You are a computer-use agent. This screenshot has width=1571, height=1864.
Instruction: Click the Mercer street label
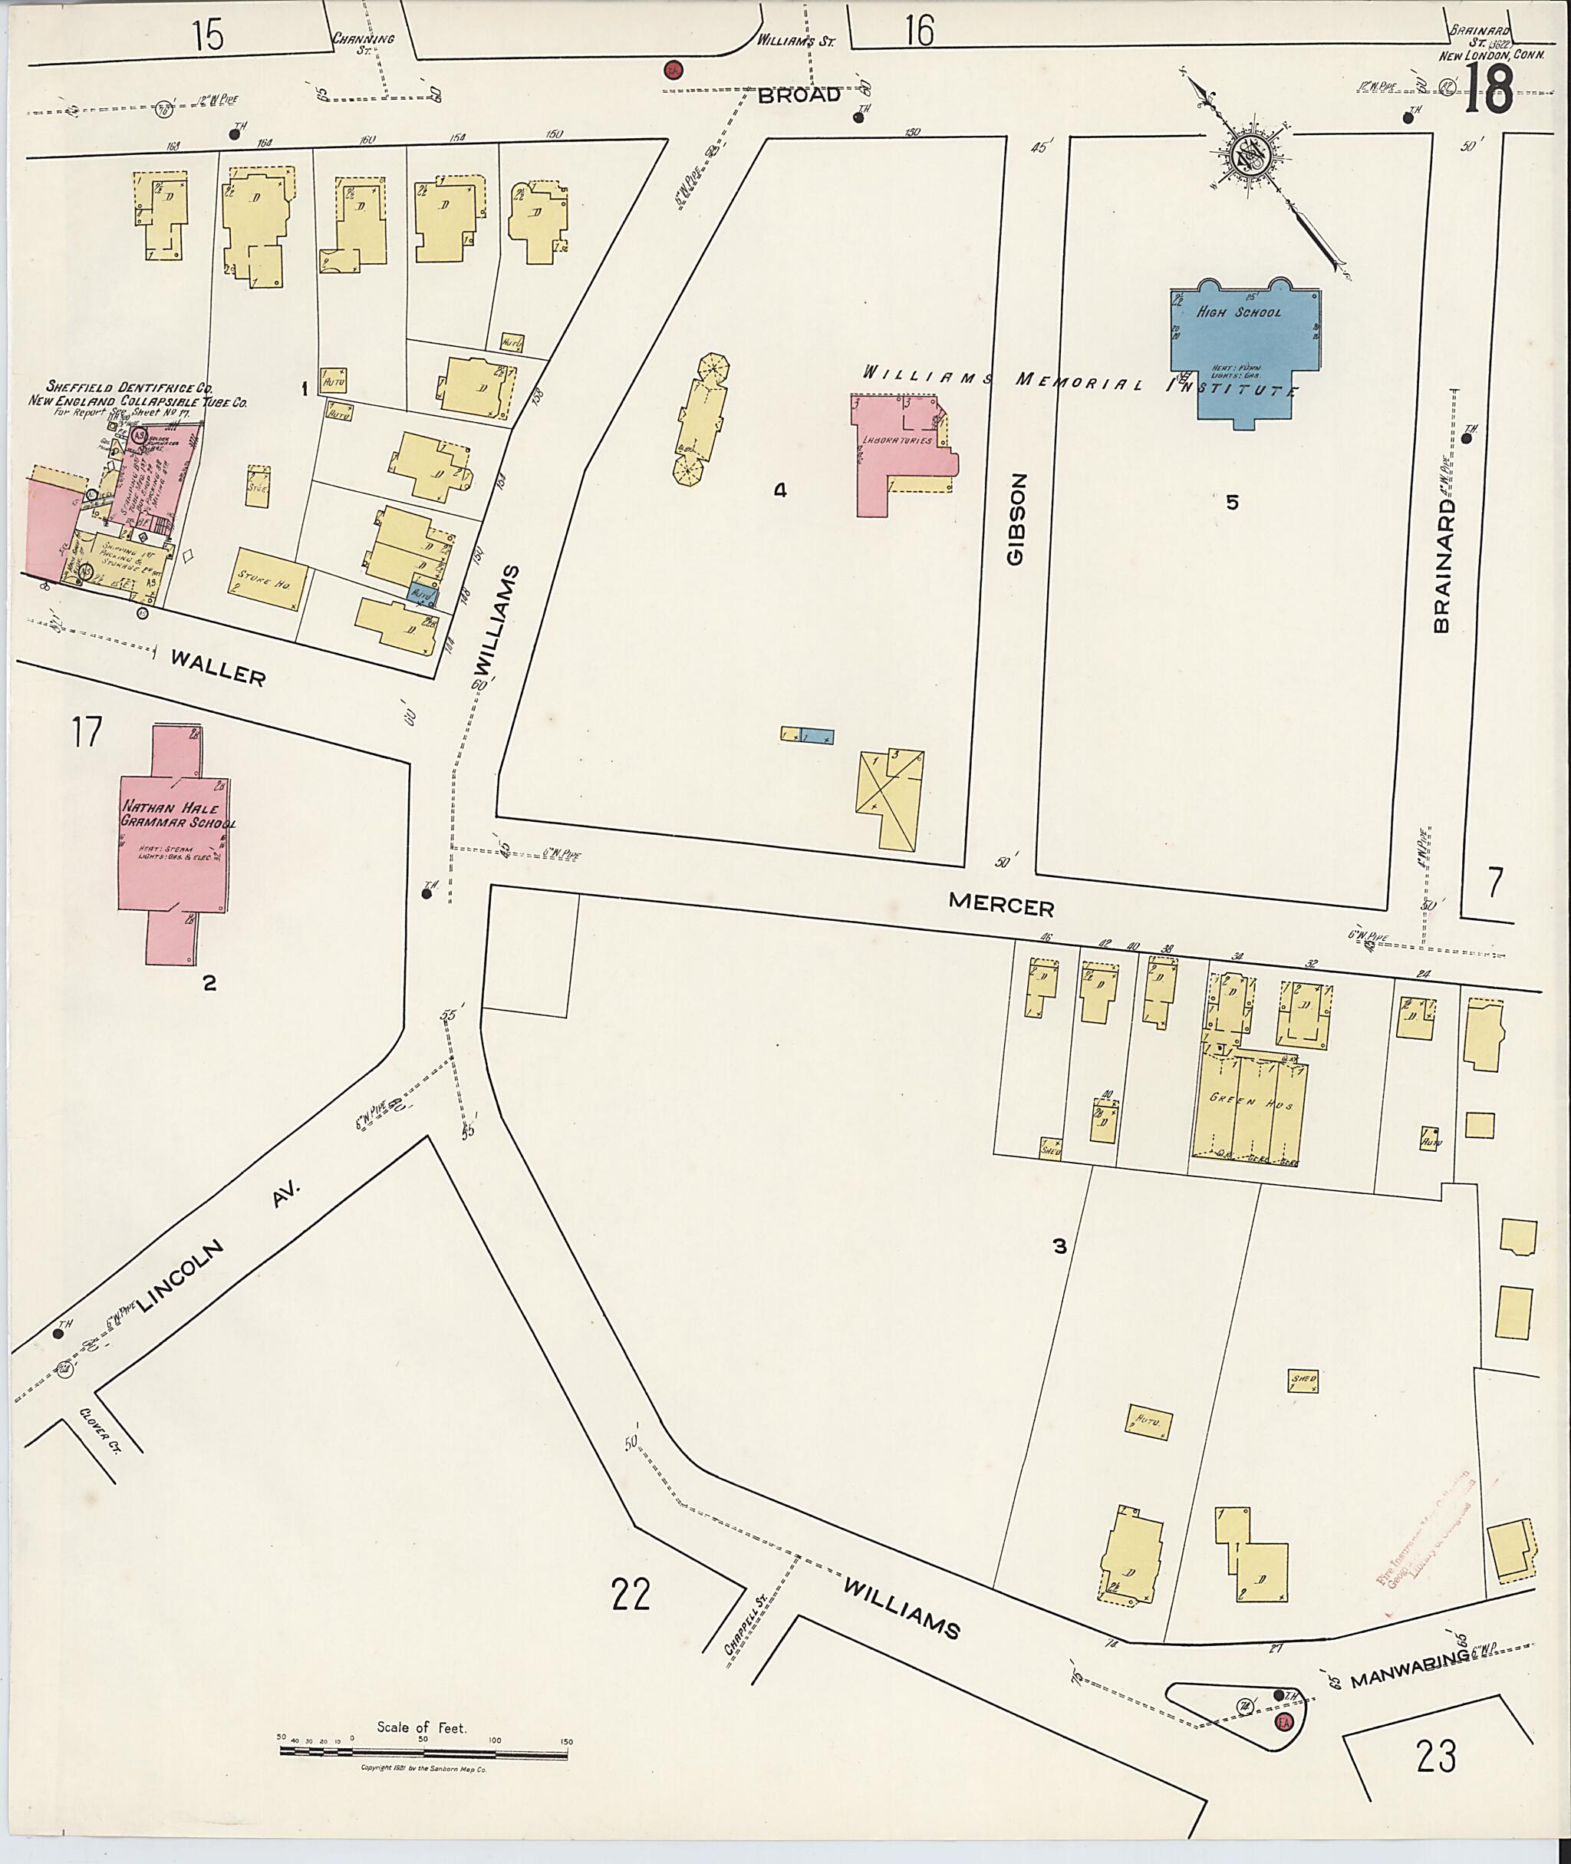(x=1001, y=906)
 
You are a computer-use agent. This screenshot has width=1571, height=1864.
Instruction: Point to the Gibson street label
(x=1017, y=519)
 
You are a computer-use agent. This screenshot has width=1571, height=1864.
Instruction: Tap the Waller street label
(x=218, y=668)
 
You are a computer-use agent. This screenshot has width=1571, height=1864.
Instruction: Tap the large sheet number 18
(x=1487, y=90)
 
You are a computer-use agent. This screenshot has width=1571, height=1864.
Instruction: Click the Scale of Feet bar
(x=424, y=1752)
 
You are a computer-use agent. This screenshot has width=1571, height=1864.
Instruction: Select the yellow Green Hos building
(x=1250, y=1107)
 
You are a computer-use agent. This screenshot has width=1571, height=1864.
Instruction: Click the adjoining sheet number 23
(x=1436, y=1755)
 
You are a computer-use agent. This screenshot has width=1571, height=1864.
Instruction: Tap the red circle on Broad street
(x=674, y=71)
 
